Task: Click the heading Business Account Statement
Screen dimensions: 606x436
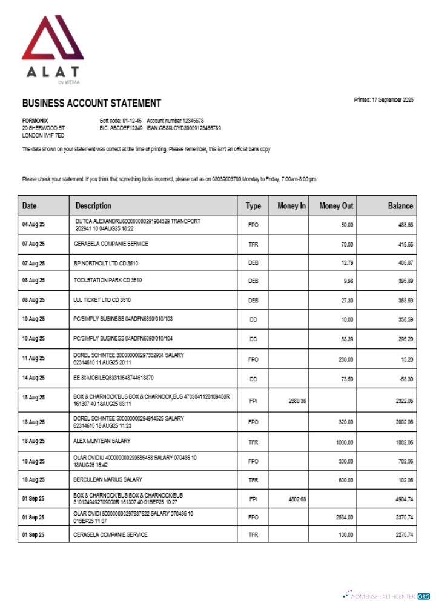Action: [x=91, y=104]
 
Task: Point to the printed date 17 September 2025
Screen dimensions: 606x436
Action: [x=383, y=100]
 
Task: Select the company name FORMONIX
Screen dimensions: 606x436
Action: [x=35, y=121]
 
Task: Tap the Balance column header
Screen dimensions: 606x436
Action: [x=400, y=206]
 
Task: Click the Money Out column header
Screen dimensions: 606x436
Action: [x=336, y=206]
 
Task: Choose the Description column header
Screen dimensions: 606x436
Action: [x=93, y=206]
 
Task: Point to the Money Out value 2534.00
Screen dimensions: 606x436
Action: [x=342, y=518]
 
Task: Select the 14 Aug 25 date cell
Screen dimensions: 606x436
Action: [x=33, y=378]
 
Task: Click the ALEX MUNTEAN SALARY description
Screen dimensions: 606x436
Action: [x=102, y=441]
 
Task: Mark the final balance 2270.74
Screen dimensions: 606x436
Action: [x=402, y=535]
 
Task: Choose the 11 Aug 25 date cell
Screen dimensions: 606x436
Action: [x=33, y=359]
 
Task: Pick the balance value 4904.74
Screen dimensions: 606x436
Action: [x=402, y=499]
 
